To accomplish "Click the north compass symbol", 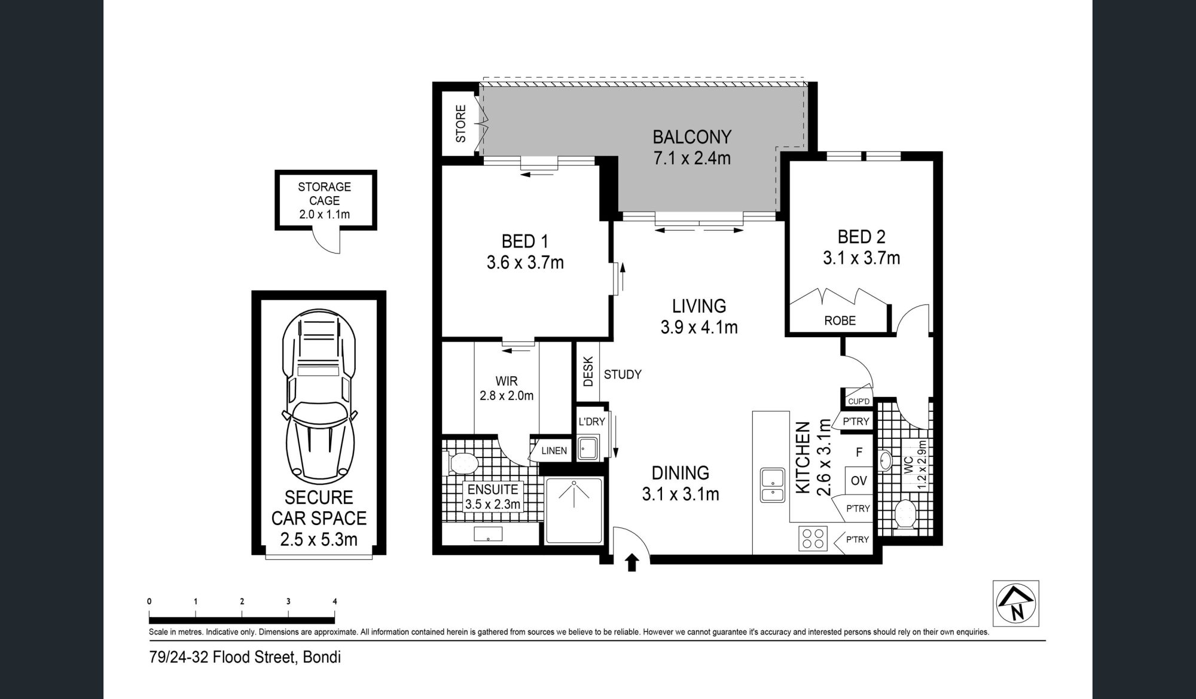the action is (x=1015, y=603).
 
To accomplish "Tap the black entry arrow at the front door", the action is (x=632, y=563).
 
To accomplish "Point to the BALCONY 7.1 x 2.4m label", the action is (x=692, y=148).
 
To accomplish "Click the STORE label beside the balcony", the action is (x=460, y=124).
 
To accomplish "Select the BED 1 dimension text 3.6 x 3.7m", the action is (x=525, y=262).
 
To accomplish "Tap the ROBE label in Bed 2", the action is (x=840, y=320).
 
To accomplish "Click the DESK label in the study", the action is (x=588, y=371).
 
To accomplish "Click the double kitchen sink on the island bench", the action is (x=773, y=485).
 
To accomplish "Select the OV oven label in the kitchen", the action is (x=858, y=481).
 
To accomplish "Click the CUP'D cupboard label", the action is (x=859, y=401).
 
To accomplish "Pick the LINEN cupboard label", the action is (x=554, y=451).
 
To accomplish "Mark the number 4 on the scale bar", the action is (x=334, y=602).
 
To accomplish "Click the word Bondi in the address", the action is (x=322, y=658).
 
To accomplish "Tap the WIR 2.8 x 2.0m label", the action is (x=507, y=388).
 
